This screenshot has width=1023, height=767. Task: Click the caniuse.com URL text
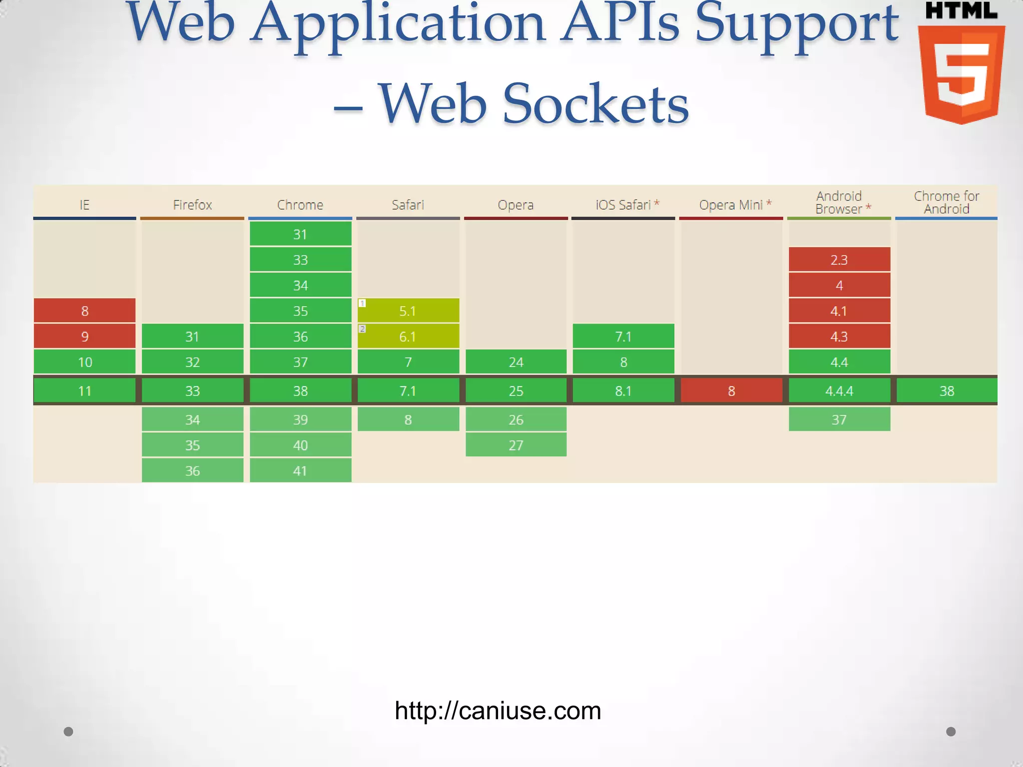[498, 711]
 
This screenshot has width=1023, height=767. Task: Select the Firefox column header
[192, 205]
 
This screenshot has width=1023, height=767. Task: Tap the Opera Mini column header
[731, 205]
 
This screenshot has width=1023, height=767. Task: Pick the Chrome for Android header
[946, 203]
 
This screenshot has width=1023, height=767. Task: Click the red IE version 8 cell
[84, 311]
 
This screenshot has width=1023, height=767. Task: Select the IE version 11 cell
[84, 390]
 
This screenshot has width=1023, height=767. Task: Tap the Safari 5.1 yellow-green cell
[408, 311]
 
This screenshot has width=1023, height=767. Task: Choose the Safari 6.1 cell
[408, 336]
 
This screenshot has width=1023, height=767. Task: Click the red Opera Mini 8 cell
[731, 390]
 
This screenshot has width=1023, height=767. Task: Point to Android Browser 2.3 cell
[839, 260]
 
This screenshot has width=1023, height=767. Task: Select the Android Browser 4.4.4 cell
[839, 390]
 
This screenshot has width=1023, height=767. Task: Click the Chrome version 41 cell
[300, 470]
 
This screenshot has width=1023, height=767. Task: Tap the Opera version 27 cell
[516, 445]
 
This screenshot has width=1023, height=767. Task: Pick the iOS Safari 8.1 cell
[623, 390]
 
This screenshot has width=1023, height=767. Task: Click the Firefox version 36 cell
[192, 470]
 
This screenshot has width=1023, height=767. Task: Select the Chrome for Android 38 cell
[947, 390]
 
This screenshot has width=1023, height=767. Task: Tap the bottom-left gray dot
[68, 732]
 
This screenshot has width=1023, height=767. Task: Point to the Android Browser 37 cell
[839, 419]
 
